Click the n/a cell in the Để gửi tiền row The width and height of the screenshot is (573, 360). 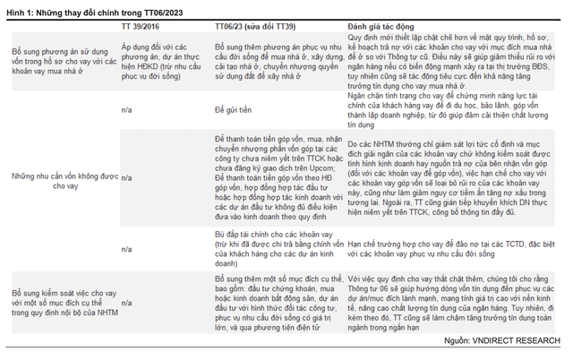click(126, 107)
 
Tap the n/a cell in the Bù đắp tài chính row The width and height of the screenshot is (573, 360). click(126, 246)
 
